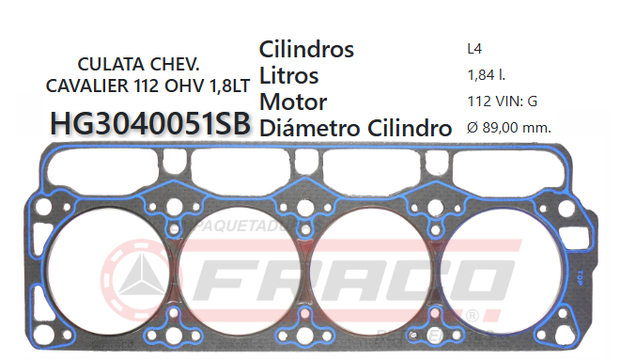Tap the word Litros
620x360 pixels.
288,75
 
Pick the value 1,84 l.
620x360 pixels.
484,73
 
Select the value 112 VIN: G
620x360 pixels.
502,100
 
